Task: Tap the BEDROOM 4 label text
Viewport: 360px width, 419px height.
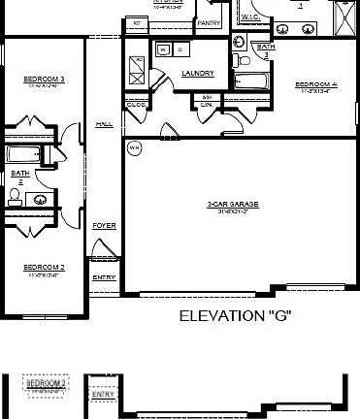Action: point(315,84)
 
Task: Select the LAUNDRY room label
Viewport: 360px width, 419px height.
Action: point(197,74)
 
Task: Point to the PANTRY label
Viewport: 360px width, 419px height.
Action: point(208,21)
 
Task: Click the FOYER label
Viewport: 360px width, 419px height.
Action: point(104,226)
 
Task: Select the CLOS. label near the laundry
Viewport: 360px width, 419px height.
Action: point(136,104)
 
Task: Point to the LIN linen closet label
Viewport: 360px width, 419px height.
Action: point(207,105)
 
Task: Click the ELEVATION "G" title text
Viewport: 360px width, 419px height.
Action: point(236,316)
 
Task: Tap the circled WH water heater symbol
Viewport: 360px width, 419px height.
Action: point(134,147)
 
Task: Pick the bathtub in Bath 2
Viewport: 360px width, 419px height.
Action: point(26,154)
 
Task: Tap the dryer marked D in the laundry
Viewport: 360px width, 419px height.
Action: point(180,48)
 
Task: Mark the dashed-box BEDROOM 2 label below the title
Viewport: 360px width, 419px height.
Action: point(46,384)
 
